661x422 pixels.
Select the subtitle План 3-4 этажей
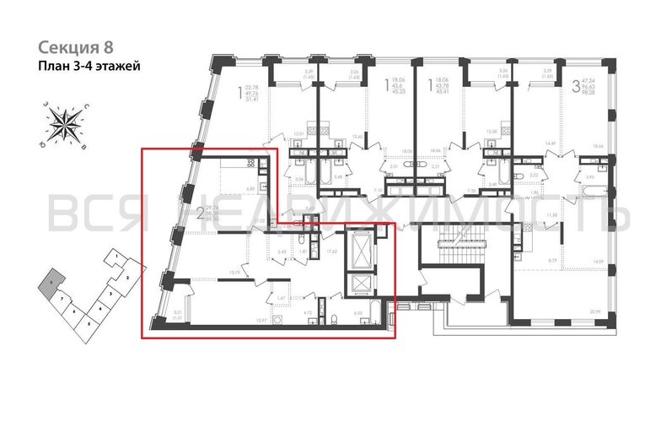[x=89, y=65]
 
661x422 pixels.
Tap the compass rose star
[x=65, y=123]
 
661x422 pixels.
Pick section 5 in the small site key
[x=89, y=323]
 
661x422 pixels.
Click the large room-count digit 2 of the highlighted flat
[x=200, y=214]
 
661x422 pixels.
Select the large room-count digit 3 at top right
[x=575, y=85]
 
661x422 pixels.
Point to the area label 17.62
[x=332, y=251]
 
